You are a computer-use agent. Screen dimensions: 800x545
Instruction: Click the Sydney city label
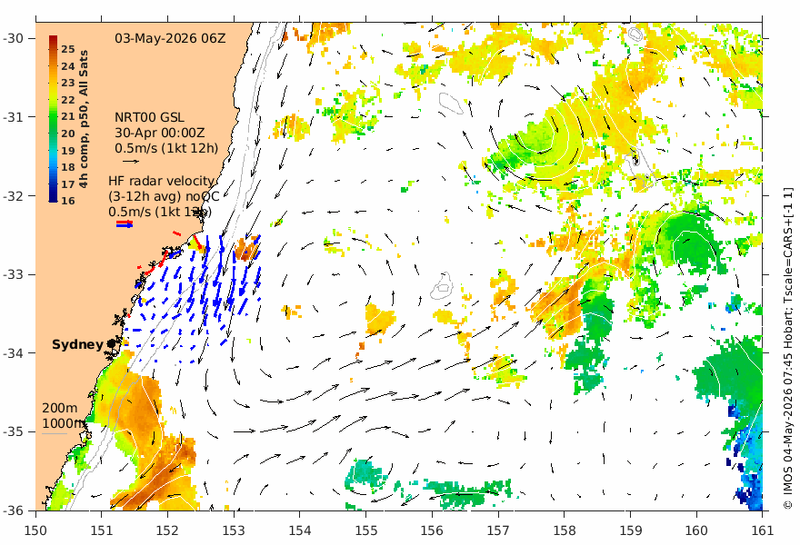[77, 344]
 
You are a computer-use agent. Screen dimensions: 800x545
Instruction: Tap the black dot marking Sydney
[111, 344]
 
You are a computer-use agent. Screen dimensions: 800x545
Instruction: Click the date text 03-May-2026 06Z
[170, 39]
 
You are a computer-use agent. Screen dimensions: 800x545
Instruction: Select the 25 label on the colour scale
[68, 49]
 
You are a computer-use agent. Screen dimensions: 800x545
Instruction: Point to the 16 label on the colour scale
[68, 201]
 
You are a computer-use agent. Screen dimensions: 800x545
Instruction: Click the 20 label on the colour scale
[68, 134]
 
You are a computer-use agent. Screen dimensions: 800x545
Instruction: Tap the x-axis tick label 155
[365, 530]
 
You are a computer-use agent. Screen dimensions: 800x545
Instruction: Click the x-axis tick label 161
[762, 530]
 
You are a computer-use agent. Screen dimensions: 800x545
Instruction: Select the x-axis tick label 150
[35, 530]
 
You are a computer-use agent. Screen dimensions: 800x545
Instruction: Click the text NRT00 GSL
[149, 118]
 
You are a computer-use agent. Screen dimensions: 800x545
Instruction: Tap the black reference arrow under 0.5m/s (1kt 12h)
[131, 162]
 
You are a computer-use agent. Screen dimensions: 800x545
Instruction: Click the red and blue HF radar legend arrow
[125, 223]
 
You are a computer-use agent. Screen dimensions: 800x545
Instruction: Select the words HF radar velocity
[161, 181]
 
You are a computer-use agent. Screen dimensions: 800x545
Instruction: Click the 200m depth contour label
[60, 408]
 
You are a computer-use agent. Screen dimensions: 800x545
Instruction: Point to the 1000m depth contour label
[63, 423]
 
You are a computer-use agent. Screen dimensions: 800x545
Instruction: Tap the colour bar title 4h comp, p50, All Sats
[84, 119]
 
